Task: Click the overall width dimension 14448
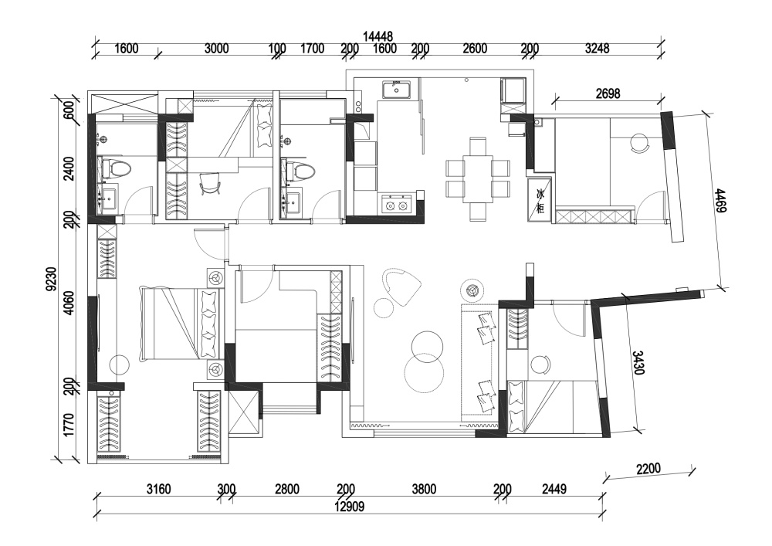pos(378,37)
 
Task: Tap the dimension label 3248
pos(598,48)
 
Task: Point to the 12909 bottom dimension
pos(349,507)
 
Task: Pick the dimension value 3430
pos(638,363)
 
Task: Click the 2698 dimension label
pos(608,93)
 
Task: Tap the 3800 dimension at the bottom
pos(424,489)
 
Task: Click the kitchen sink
pos(396,89)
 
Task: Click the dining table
pos(477,179)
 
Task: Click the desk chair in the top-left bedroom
pos(211,185)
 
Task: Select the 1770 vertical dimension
pos(69,425)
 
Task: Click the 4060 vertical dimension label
pos(69,304)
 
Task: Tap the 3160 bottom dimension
pos(158,489)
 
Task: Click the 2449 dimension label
pos(554,489)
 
